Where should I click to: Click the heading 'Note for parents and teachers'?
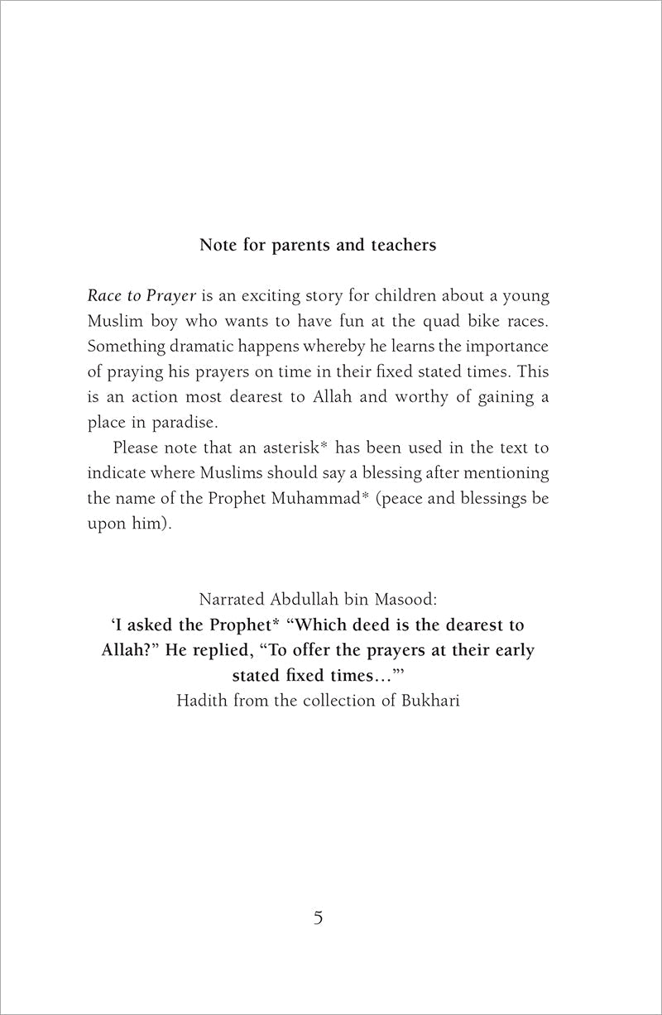click(318, 247)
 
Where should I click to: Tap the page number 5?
click(318, 919)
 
